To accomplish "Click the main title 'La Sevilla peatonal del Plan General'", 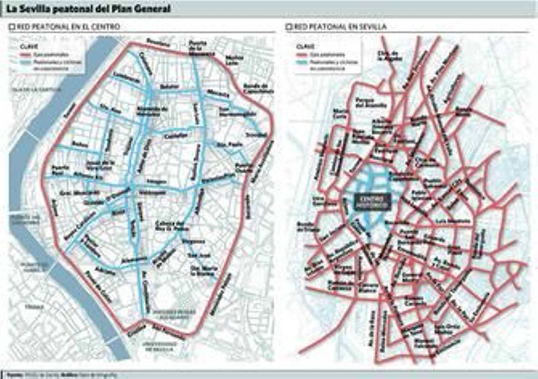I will (88, 9).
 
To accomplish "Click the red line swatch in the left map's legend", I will (26, 55).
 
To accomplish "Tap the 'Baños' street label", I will (80, 144).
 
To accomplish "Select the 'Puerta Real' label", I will (61, 170).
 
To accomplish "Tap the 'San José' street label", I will (199, 256).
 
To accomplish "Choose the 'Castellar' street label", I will (176, 136).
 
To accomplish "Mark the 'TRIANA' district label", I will (35, 307).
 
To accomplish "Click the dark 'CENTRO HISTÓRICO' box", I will (372, 201).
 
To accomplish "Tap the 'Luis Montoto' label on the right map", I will (452, 221).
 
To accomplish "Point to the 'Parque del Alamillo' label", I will (371, 103).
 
